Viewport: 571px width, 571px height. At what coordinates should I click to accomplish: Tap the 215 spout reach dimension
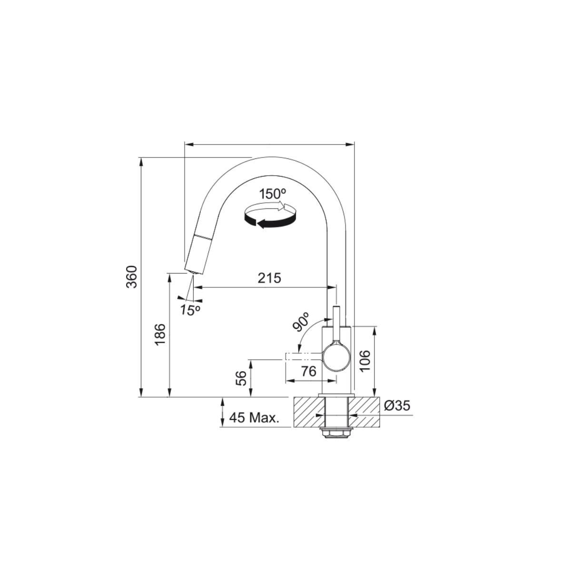point(269,278)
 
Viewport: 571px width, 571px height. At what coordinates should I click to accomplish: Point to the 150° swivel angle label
point(273,194)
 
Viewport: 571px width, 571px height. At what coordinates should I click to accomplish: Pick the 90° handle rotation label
point(302,322)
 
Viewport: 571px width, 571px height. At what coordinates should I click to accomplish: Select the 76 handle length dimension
point(309,372)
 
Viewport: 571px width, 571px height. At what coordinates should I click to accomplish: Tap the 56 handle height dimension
point(242,378)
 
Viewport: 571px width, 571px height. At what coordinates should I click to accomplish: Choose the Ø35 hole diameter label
point(396,406)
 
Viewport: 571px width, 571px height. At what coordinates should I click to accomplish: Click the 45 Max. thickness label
point(254,418)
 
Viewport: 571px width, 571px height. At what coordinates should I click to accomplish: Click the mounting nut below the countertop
point(337,433)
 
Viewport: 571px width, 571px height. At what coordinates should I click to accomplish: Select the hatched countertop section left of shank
point(306,412)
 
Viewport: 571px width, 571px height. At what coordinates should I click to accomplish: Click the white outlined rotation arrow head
point(287,207)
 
